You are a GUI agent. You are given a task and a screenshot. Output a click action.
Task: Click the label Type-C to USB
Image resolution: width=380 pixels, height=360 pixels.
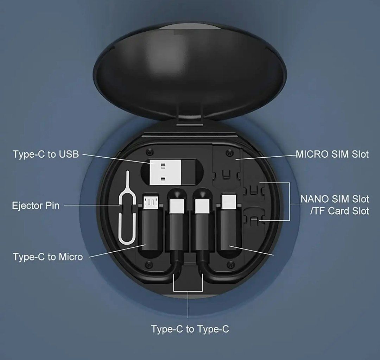[46, 154]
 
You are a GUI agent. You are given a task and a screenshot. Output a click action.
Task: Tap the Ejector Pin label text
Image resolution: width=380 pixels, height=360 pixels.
[36, 206]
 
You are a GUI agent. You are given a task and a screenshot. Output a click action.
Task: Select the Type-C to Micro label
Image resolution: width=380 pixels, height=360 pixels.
[48, 257]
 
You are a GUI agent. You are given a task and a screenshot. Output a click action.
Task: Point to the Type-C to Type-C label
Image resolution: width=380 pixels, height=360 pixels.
[190, 329]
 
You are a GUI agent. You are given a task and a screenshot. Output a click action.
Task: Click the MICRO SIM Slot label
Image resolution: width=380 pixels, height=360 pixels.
[332, 154]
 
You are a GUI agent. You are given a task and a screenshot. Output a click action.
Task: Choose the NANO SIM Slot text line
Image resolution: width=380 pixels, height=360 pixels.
[335, 199]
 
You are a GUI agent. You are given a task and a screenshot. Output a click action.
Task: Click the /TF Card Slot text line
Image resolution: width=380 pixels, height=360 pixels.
[335, 211]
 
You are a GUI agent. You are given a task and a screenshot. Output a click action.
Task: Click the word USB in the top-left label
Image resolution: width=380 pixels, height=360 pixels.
[69, 154]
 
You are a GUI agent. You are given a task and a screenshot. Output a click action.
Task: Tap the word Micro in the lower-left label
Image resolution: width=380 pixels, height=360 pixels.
[70, 257]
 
